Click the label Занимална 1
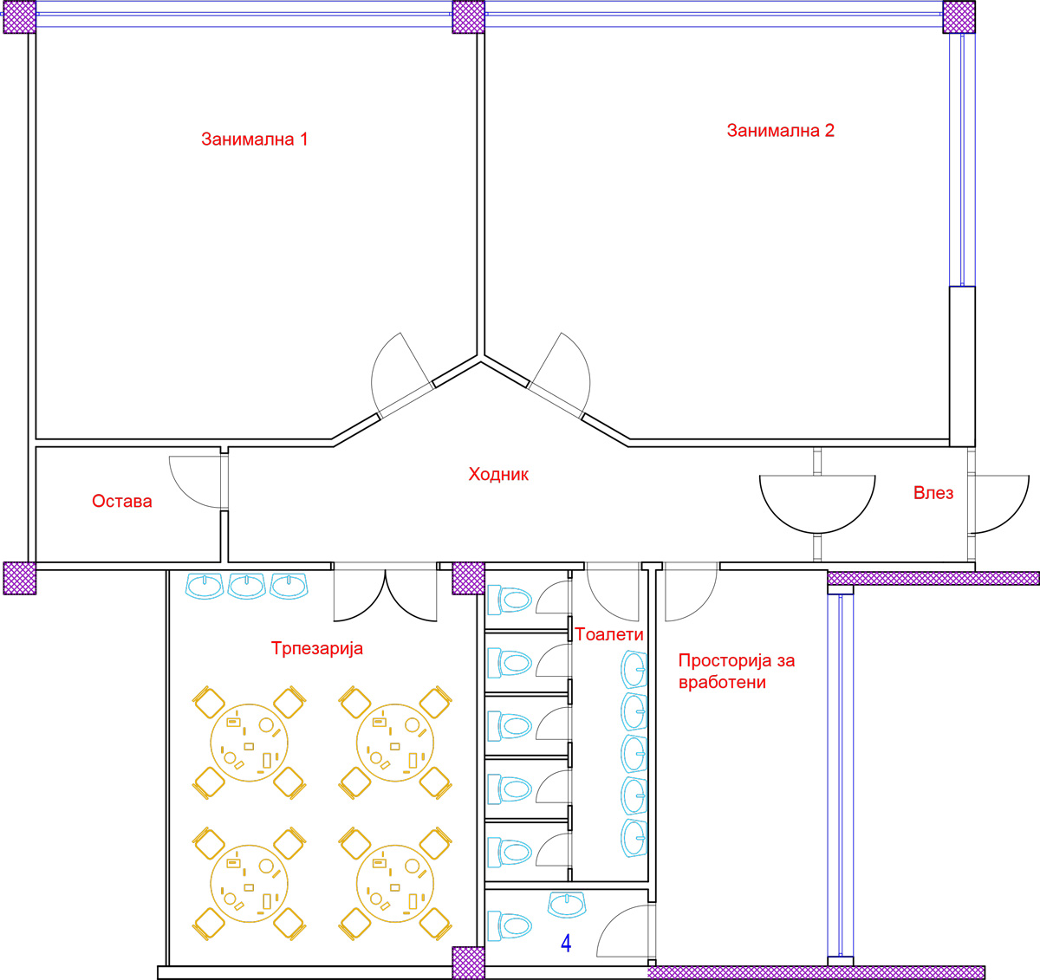255,140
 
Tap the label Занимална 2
780,131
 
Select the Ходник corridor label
498,474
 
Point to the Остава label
122,501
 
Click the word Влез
933,493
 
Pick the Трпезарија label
317,648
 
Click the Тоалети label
609,634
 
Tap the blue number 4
566,944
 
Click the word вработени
722,683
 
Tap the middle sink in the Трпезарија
247,586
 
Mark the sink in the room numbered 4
567,905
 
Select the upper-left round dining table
250,743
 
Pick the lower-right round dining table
395,884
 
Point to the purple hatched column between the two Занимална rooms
468,16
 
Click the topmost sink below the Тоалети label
634,670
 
